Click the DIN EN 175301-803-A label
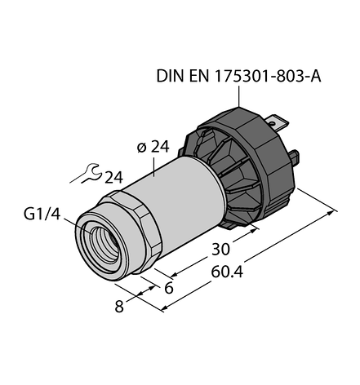coord(238,76)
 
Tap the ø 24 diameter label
coord(153,147)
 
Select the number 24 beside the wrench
coord(113,178)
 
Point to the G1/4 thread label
coord(42,214)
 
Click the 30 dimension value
coord(220,249)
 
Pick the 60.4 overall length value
coord(227,272)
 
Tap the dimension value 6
coord(169,288)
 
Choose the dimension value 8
coord(119,307)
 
